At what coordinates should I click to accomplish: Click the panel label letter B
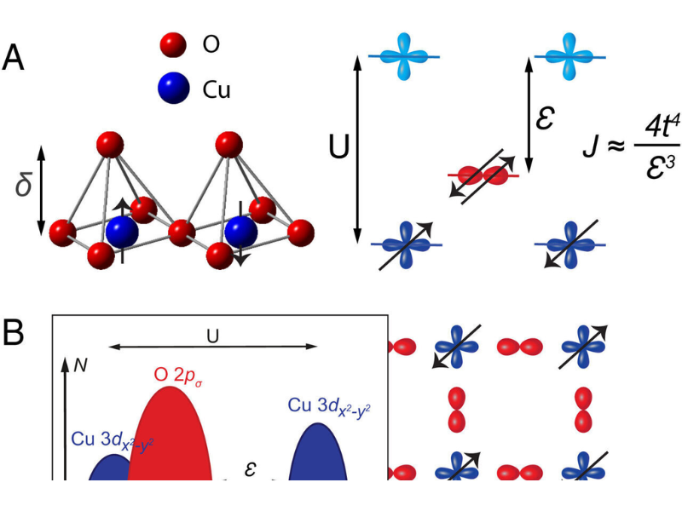tap(14, 333)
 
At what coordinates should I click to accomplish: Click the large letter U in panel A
tap(339, 147)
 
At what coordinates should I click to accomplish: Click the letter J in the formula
tap(590, 143)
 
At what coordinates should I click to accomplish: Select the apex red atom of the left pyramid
tap(108, 145)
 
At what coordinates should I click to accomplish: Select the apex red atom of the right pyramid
tap(228, 145)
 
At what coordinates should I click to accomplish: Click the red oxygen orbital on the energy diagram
tap(483, 175)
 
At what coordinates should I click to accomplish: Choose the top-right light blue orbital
tap(569, 56)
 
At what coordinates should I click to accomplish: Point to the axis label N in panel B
tap(82, 362)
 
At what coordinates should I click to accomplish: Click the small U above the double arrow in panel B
tap(212, 334)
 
